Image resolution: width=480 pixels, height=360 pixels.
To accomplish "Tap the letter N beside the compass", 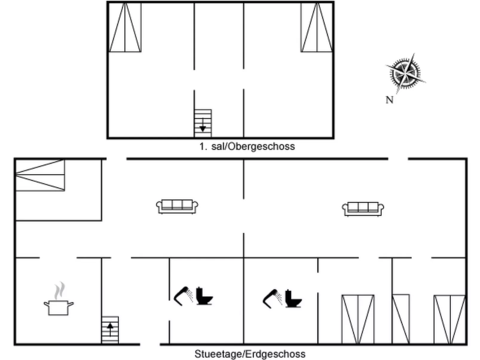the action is coord(389,100).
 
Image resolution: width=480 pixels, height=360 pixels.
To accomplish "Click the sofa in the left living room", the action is coord(177,206).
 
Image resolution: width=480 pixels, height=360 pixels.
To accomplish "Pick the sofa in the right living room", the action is coord(363,209).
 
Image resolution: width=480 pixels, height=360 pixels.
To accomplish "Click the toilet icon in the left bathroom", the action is coord(204,296).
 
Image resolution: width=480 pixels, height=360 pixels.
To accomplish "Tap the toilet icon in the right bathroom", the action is coord(293,298).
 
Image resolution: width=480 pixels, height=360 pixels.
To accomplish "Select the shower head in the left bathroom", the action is coord(183,296).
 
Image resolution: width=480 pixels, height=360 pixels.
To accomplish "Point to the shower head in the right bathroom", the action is coord(272,298).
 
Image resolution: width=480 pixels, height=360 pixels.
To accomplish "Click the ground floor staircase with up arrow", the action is coord(110,330).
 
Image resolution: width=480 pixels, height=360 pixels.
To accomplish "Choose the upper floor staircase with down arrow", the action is coord(203,123).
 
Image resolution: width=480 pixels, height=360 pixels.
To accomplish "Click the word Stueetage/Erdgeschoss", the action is coord(250,354).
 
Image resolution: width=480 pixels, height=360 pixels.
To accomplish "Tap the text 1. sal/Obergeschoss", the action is coord(247,146).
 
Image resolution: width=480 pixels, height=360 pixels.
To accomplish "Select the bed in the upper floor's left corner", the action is coord(125,27).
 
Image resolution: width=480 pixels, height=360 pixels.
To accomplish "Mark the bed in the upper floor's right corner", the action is coord(317,27).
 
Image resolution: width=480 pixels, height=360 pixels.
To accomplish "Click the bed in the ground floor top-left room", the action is coord(40,175).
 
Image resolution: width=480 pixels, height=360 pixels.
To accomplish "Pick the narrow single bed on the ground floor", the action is coord(401,319).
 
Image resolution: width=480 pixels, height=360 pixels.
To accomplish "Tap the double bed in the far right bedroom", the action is coord(450,319).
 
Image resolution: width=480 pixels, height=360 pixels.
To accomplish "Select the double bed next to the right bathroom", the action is coord(358,319).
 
